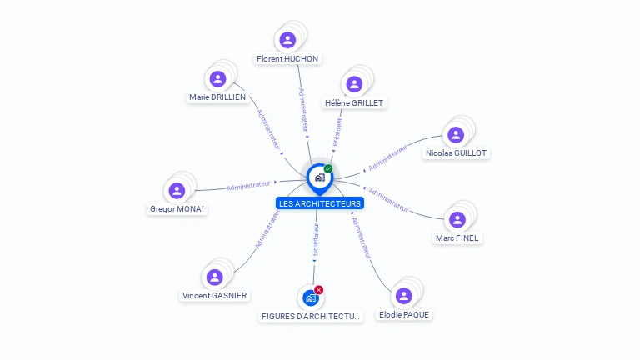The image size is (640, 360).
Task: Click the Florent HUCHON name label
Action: (x=287, y=59)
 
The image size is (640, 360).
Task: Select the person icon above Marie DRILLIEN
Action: (x=218, y=79)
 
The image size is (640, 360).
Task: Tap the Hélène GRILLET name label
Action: (x=355, y=103)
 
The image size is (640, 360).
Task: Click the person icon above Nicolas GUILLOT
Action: (x=455, y=135)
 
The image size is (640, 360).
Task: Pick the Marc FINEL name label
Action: (x=457, y=238)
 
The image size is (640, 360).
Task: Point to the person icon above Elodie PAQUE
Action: (x=403, y=296)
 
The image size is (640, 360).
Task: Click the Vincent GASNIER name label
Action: (x=215, y=296)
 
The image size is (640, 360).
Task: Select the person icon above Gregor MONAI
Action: (x=177, y=191)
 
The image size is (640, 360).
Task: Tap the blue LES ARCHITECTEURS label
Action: (x=320, y=203)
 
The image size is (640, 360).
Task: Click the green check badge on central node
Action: (x=328, y=169)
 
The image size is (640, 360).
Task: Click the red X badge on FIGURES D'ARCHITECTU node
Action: (x=318, y=290)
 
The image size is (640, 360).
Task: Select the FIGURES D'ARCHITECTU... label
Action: (x=312, y=317)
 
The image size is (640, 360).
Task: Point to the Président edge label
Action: (x=337, y=132)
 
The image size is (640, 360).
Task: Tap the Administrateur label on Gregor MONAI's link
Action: (x=248, y=184)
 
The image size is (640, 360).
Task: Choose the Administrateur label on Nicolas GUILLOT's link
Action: (x=387, y=157)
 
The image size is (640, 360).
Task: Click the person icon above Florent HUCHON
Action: (x=287, y=40)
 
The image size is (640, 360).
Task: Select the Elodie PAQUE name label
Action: (x=404, y=315)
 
